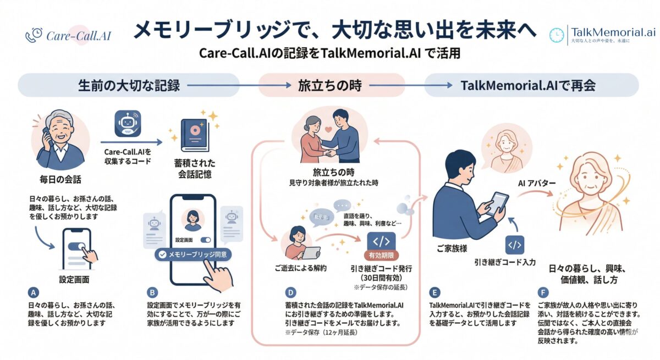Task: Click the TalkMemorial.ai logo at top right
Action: pos(603,34)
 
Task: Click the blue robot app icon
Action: pos(128,124)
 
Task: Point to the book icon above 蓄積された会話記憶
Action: pos(195,135)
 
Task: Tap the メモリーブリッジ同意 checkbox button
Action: pos(193,254)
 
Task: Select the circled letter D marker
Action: pos(290,292)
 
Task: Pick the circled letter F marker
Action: pos(543,292)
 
